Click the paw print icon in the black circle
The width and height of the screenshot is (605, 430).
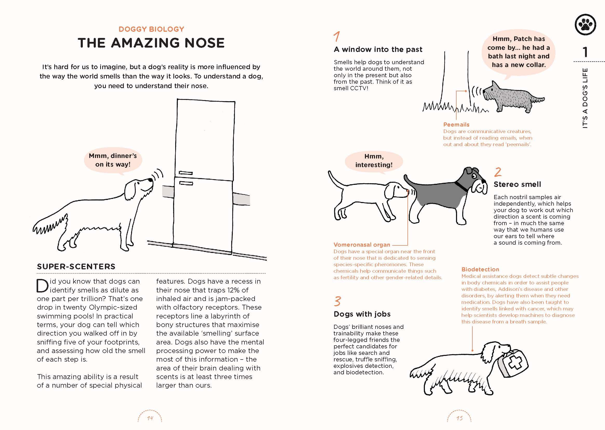586,25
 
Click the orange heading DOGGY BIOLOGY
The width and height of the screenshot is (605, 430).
151,29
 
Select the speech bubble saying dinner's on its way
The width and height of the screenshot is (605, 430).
113,160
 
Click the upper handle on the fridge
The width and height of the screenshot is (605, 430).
186,173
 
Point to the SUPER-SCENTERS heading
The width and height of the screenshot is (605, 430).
76,266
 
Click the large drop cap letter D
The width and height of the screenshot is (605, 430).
42,286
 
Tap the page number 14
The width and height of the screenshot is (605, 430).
150,418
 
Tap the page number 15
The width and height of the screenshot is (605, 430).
459,418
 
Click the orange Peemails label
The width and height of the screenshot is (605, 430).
456,125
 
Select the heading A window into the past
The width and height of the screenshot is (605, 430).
378,49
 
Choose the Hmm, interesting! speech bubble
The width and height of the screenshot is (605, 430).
374,161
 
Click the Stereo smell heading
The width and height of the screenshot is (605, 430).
517,184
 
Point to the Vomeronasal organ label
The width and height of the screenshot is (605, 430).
362,245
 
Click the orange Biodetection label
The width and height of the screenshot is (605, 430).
480,269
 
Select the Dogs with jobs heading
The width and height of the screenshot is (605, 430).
362,314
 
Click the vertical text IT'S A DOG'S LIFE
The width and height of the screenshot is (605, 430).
585,98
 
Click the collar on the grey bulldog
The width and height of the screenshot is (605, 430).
461,186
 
